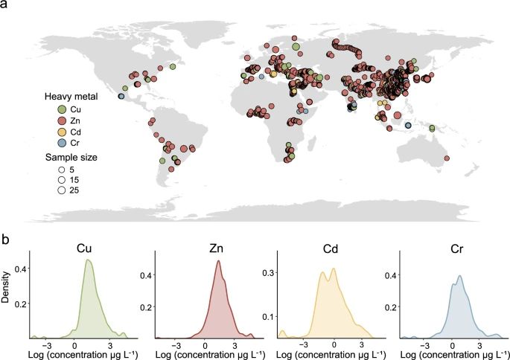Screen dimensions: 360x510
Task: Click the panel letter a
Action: coord(6,5)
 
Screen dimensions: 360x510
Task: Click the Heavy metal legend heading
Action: coord(71,97)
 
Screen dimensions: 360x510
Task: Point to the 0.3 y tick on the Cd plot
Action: coord(272,272)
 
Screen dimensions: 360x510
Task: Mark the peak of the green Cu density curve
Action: coord(88,260)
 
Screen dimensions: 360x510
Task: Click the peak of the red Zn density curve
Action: coord(217,260)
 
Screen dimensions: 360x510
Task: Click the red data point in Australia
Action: coord(447,157)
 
